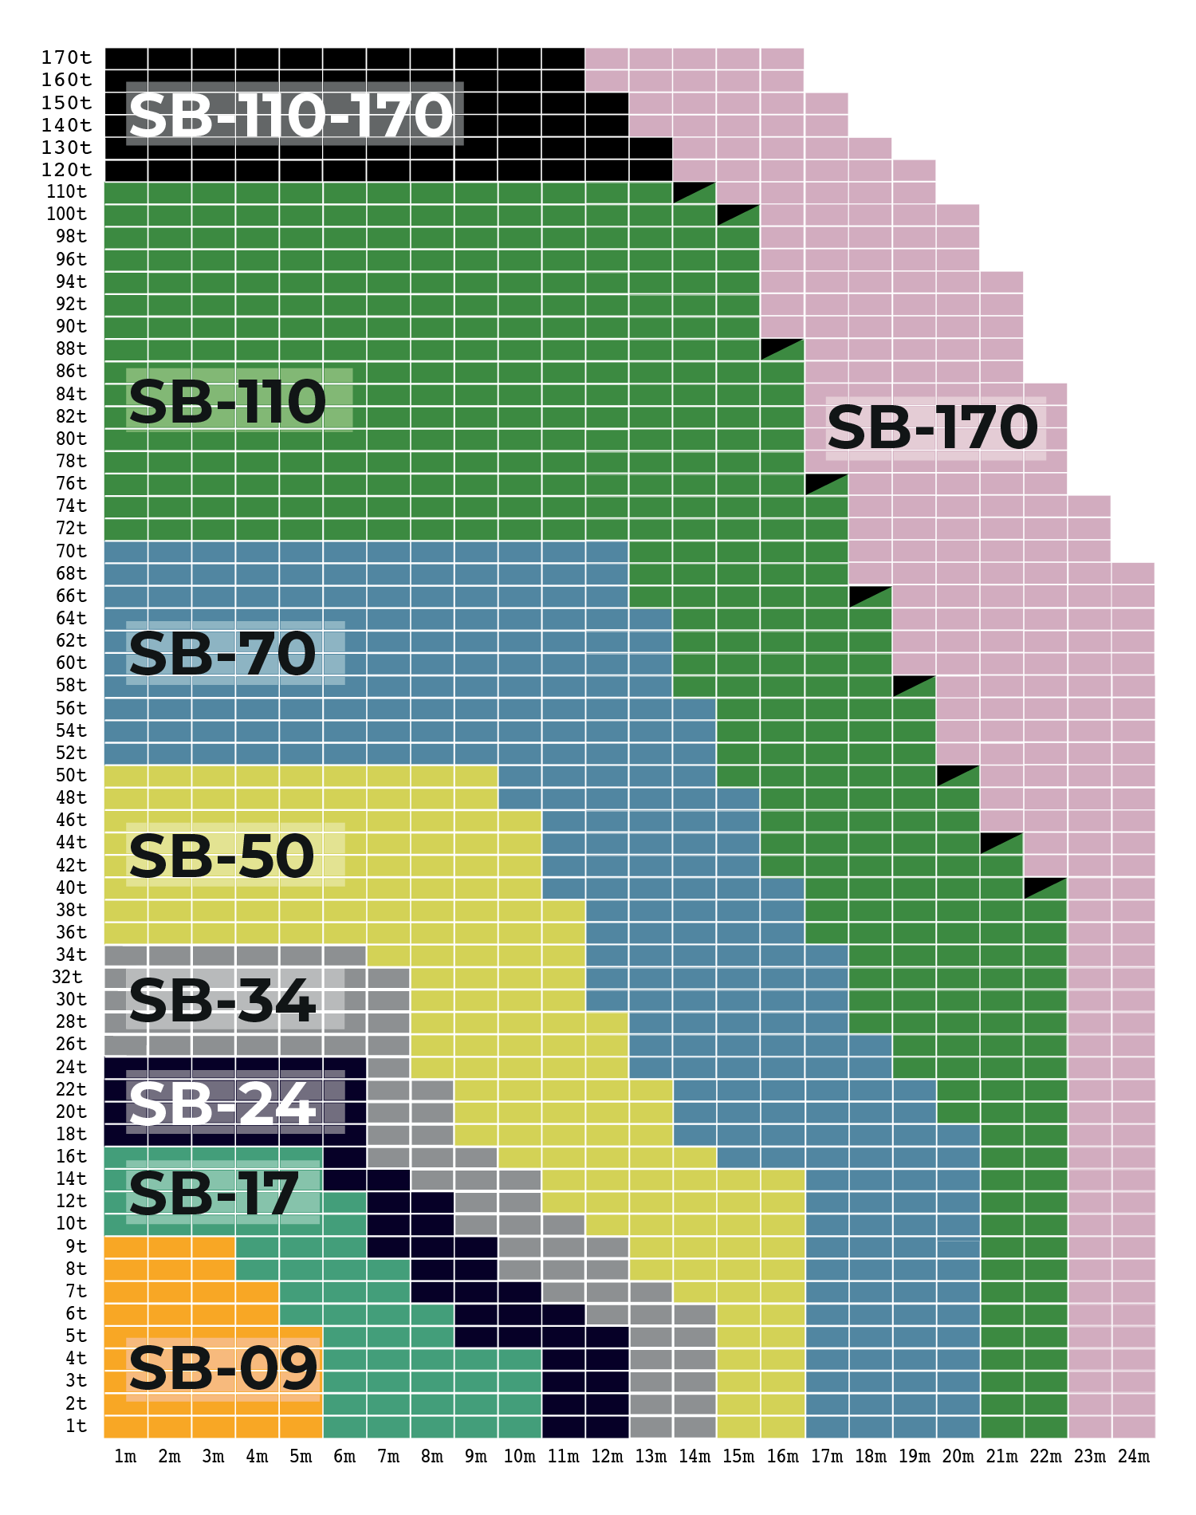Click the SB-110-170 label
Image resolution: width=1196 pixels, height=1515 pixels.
pos(291,115)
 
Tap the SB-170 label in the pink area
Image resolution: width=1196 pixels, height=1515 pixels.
pos(933,428)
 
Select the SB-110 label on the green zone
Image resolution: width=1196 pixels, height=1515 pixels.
pos(227,401)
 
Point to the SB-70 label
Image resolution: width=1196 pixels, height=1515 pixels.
pos(222,654)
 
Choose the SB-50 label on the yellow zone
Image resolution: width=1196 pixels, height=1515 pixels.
pos(222,856)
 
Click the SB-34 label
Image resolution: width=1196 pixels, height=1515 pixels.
pos(222,1001)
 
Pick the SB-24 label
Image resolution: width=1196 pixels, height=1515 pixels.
pos(222,1104)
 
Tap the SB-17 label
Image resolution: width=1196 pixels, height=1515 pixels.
pos(214,1194)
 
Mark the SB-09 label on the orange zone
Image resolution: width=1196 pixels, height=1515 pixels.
pos(223,1369)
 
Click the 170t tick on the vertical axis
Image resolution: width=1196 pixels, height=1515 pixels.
pos(66,57)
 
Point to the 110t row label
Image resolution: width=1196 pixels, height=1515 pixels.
pos(66,191)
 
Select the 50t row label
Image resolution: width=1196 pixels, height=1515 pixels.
pos(71,775)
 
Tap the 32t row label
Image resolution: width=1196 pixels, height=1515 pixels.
pos(67,977)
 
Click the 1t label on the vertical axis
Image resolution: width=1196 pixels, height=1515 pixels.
pos(77,1426)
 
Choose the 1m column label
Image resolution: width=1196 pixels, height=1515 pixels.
pos(125,1457)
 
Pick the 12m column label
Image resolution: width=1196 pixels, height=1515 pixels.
pos(607,1457)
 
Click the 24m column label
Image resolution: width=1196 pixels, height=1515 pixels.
pos(1133,1457)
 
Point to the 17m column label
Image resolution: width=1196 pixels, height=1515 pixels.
pos(827,1457)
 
